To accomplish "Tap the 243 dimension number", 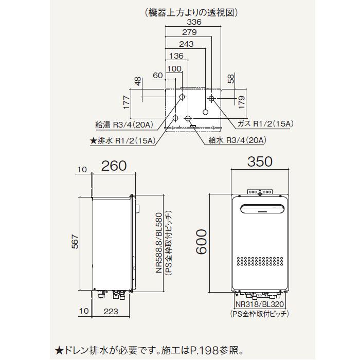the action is pos(186,44).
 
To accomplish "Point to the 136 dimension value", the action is pos(176,56).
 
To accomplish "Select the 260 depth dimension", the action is pos(113,166).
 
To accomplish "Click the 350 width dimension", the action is pos(260,163).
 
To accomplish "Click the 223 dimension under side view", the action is pos(111,311).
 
